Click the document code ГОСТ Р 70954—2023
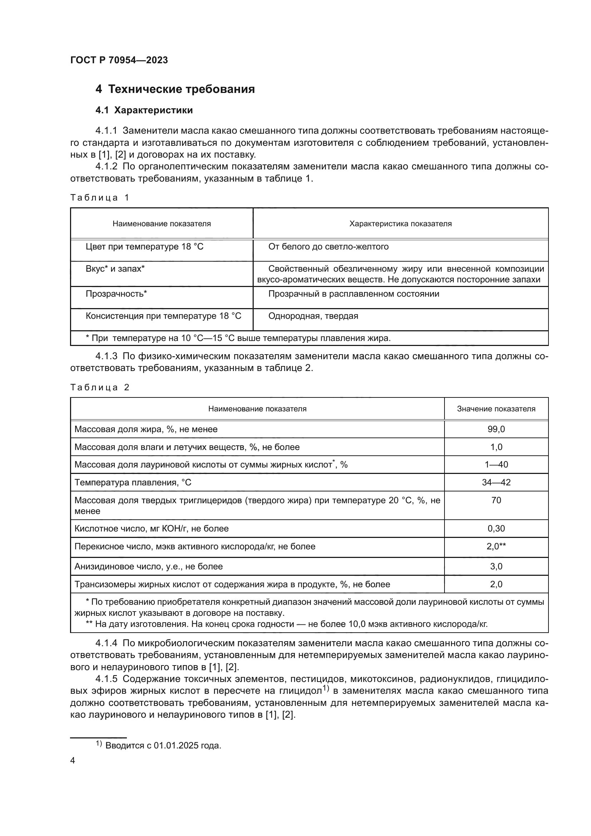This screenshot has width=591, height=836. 119,60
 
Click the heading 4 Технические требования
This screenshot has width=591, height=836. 175,89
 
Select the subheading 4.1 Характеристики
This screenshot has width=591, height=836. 144,110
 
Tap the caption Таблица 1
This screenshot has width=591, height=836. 100,198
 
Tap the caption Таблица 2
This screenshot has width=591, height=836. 100,387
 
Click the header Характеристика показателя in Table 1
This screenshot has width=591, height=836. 400,223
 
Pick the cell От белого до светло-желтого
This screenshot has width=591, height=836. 328,247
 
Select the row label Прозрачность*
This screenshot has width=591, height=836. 116,294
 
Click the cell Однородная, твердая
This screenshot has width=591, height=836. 313,316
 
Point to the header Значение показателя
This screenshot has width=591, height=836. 496,409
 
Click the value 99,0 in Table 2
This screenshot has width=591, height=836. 496,429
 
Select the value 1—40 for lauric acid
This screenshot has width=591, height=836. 496,465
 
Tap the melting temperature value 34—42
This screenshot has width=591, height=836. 496,483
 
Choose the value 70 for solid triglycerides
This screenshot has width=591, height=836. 496,500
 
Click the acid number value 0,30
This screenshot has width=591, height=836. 496,529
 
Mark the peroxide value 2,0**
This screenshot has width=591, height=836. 496,546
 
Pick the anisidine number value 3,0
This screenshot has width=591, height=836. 496,567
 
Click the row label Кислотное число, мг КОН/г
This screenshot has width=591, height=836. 152,529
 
